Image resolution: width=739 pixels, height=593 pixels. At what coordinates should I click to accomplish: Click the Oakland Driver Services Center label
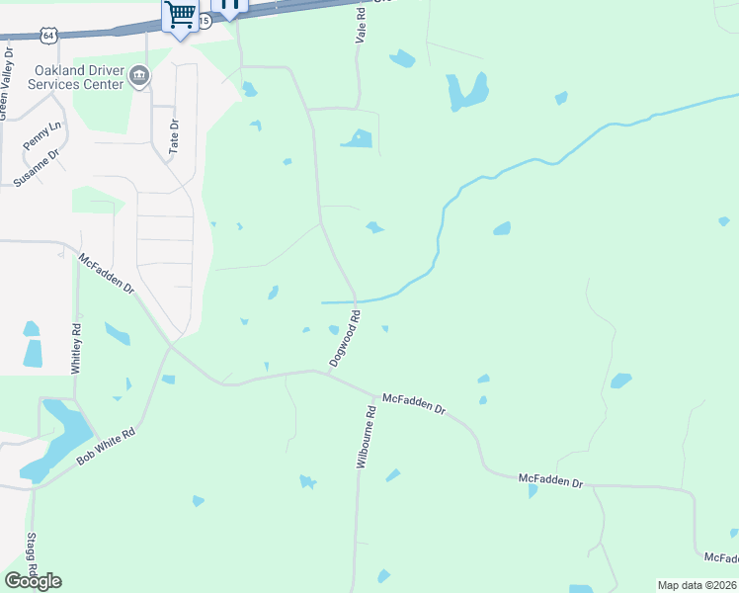click(x=79, y=77)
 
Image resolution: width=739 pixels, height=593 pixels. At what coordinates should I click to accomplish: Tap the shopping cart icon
click(x=180, y=15)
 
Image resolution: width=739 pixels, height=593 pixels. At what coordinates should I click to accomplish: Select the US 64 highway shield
click(x=48, y=35)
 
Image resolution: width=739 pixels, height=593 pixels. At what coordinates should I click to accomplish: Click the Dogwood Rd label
click(x=344, y=339)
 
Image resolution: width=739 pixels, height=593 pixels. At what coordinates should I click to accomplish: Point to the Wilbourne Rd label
click(x=364, y=437)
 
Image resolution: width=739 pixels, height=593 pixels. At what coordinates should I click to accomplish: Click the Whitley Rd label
click(x=74, y=347)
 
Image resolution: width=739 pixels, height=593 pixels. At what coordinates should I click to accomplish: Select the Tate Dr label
click(x=174, y=135)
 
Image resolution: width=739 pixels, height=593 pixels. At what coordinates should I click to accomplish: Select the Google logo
click(x=33, y=580)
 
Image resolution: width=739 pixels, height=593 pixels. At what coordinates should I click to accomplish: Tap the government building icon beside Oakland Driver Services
click(x=139, y=77)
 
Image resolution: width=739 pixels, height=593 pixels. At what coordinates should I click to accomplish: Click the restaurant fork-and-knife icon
click(x=230, y=6)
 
